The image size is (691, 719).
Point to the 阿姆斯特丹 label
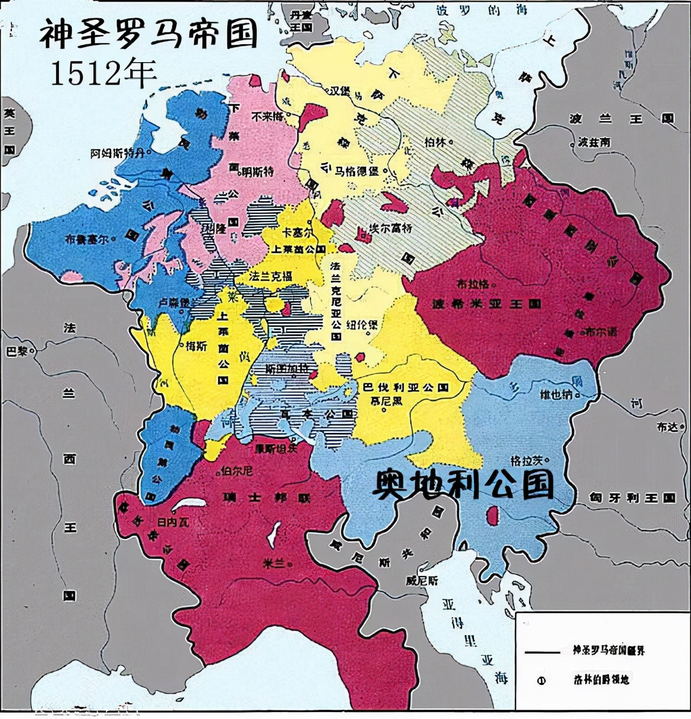pos(118,153)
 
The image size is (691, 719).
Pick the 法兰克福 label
pos(270,276)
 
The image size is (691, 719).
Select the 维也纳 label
pos(556,395)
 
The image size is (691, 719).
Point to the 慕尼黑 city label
pos(382,401)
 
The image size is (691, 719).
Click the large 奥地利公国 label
pos(463,484)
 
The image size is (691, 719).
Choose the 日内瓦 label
pos(173,522)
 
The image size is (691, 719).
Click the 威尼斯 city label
pos(422,581)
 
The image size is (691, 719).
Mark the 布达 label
pos(667,426)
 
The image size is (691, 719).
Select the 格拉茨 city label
pos(526,461)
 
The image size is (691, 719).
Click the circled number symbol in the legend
pos(541,681)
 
